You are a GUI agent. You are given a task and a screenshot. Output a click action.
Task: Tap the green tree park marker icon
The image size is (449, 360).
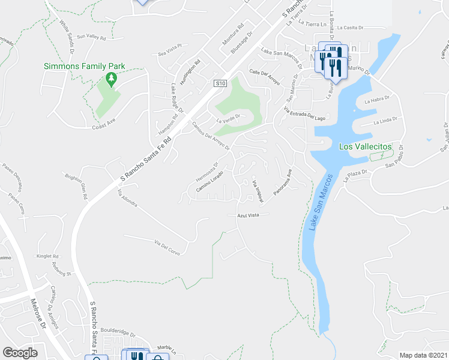click(x=110, y=78)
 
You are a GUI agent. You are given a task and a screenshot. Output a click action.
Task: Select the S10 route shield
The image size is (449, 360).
click(x=220, y=84)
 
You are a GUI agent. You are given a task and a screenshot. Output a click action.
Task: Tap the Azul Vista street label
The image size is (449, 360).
click(x=248, y=214)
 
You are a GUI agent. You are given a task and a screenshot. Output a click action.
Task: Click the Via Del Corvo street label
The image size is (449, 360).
click(x=167, y=245)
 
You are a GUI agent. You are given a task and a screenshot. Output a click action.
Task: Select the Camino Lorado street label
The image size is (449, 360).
click(x=209, y=182)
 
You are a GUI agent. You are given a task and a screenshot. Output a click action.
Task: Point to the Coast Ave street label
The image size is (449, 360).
click(x=103, y=127)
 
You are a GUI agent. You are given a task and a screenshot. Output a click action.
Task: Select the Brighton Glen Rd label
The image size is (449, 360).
click(x=78, y=187)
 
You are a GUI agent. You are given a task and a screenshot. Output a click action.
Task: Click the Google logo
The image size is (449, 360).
click(x=20, y=353)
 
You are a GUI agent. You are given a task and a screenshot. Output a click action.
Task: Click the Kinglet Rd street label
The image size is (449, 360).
click(x=47, y=256)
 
